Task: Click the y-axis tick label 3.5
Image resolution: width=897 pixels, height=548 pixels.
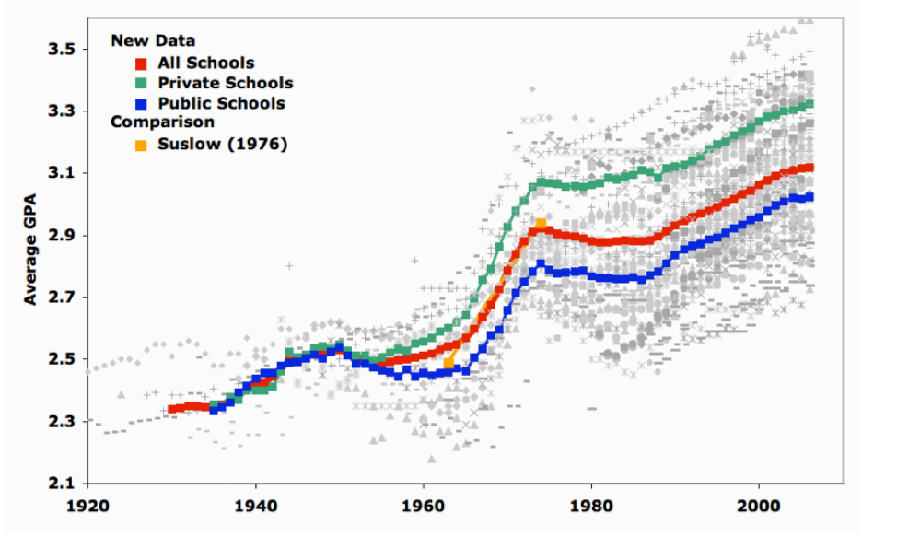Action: (61, 49)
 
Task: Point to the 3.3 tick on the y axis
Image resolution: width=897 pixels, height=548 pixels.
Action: (61, 111)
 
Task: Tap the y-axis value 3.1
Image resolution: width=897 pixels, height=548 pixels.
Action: (61, 173)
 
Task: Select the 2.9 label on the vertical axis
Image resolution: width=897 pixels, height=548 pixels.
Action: (61, 236)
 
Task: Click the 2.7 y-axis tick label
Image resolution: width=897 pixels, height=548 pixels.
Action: (61, 297)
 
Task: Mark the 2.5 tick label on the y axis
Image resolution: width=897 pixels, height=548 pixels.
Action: (61, 359)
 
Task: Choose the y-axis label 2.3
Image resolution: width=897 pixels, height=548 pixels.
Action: (61, 422)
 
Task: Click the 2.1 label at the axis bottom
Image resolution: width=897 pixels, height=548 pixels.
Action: (61, 484)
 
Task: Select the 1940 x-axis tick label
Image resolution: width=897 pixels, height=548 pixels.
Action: (255, 506)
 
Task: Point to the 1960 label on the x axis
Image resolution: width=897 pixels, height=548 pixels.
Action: (423, 506)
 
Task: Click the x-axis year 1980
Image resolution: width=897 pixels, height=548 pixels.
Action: (590, 506)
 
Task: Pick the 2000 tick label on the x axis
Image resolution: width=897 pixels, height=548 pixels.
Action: (758, 506)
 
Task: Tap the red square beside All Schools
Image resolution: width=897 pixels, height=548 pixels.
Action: (141, 64)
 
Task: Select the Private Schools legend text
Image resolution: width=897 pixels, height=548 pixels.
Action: (226, 84)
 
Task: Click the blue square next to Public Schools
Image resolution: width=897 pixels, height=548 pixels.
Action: (141, 104)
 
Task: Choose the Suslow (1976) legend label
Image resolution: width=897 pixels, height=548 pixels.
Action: (222, 144)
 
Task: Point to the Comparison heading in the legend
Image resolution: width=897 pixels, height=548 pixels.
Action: (162, 122)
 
